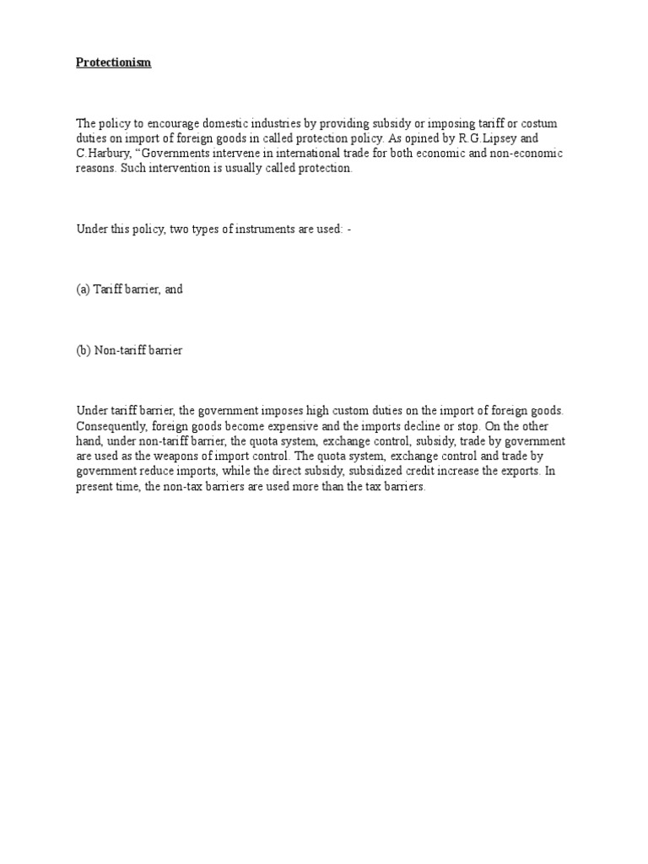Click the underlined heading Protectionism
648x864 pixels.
[x=114, y=63]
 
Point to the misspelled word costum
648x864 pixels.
[x=540, y=124]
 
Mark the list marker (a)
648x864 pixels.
[x=83, y=289]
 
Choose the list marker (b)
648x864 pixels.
[x=83, y=350]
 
